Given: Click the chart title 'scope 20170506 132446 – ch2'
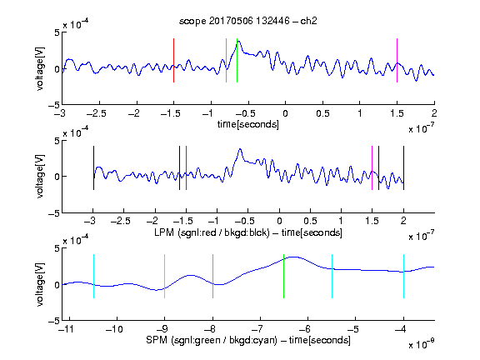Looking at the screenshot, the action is pos(248,21).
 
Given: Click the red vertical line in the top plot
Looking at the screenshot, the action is pos(173,60).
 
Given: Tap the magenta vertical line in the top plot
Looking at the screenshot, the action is pos(397,60).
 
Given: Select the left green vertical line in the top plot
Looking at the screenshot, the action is pos(226,60).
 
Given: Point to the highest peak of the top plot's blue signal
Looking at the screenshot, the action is pos(239,41).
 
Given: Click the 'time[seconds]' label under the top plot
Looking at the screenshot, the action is pos(248,124).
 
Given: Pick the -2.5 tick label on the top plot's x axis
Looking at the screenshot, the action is pos(96,114).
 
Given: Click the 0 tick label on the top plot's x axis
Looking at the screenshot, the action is pos(285,114).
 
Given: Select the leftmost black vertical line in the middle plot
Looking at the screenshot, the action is pos(93,167).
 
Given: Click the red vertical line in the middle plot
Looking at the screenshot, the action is pos(186,167).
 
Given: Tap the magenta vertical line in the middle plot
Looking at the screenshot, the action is pos(372,167).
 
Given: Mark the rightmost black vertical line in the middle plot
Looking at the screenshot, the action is pos(403,167).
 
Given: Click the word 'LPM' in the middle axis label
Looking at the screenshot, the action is pos(164,232).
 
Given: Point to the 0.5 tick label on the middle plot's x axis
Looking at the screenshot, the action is pos(310,221).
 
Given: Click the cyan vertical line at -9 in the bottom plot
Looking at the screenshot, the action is pos(164,276).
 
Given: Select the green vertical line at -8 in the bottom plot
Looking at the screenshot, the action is pos(212,276).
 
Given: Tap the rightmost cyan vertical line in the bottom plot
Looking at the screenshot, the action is pos(403,276).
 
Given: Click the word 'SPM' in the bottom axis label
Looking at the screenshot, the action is pos(157,340).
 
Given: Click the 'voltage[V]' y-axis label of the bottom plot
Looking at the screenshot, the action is pos(40,284).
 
